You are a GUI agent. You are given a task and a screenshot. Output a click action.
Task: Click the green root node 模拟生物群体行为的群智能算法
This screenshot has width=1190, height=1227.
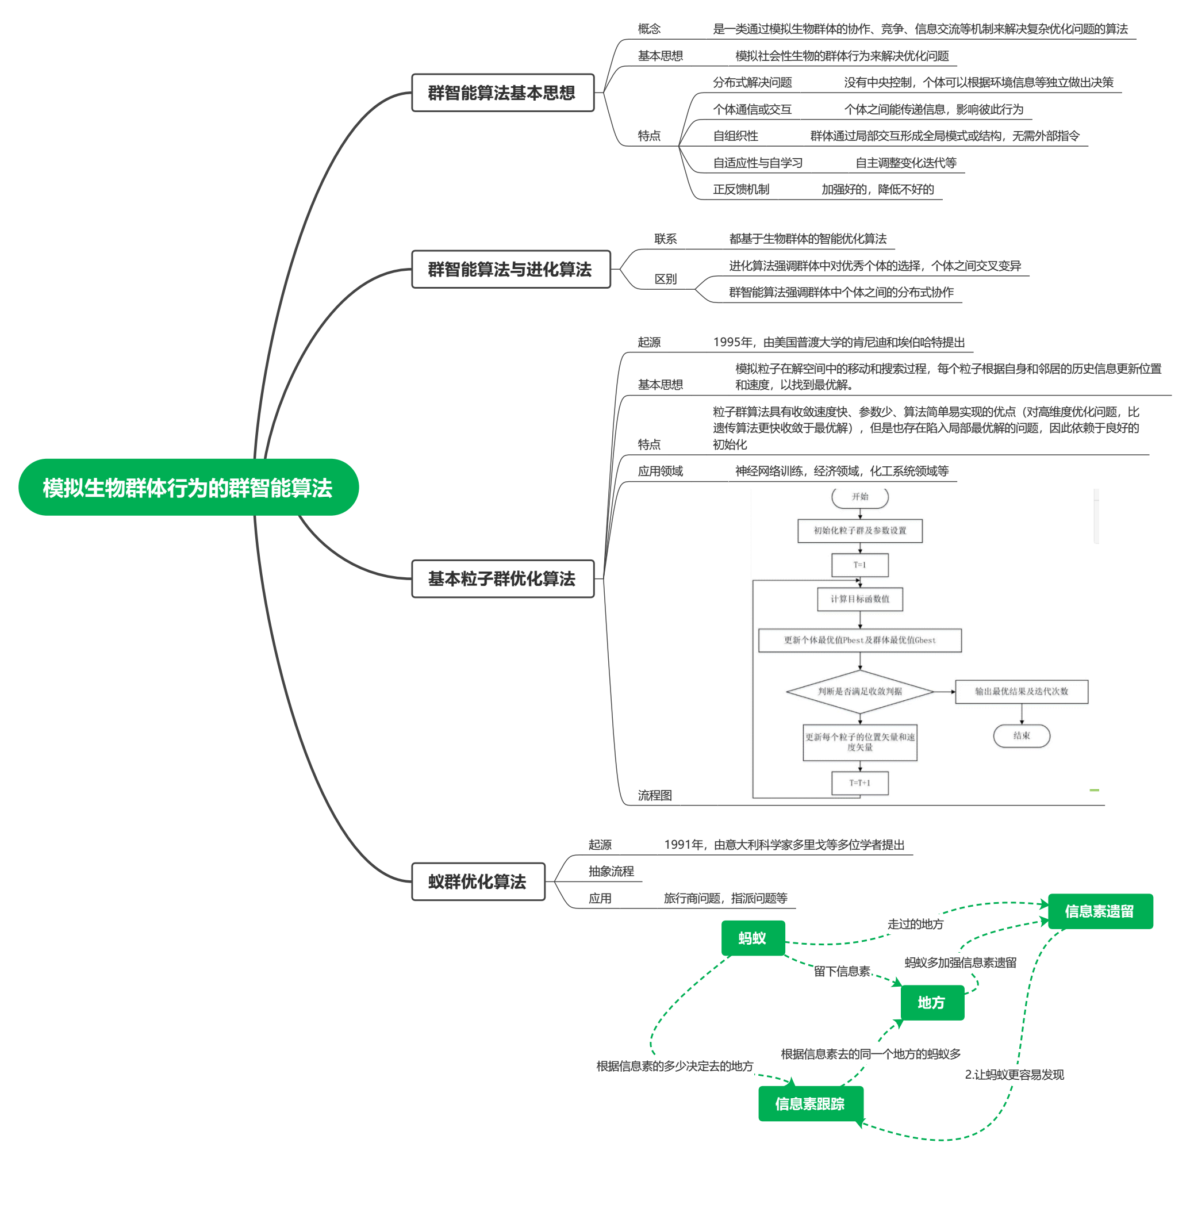[x=188, y=487]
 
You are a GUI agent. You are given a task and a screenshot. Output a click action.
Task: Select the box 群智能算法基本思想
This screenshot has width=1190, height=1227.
[x=502, y=93]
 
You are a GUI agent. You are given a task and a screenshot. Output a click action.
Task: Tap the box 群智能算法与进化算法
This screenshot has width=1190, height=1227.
[x=510, y=269]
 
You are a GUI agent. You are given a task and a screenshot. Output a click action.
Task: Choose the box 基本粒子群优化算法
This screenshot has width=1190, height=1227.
[x=502, y=578]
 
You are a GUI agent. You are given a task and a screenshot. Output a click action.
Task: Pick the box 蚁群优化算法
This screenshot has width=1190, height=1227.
[x=478, y=881]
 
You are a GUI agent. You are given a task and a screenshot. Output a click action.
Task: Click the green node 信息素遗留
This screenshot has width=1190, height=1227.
[x=1099, y=911]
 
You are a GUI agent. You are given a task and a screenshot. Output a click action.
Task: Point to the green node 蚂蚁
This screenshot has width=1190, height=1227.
[x=753, y=938]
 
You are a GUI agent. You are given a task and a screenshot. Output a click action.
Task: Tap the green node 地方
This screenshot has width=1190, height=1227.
[x=931, y=1002]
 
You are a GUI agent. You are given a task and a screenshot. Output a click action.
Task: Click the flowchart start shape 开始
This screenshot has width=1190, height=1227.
[x=859, y=497]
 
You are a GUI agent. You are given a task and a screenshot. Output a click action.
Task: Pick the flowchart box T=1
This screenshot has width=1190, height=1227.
[x=859, y=565]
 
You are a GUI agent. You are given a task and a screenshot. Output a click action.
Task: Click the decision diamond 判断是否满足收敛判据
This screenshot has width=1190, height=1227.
[x=859, y=691]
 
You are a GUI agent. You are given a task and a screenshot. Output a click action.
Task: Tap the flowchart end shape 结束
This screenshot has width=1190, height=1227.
[x=1021, y=735]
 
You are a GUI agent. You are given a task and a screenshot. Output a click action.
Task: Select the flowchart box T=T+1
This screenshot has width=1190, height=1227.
[x=859, y=783]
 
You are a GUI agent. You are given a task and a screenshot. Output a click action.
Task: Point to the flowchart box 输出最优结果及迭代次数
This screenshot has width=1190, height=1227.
[x=1021, y=691]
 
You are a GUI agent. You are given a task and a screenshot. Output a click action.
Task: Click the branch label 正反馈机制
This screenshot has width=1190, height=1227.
[x=741, y=189]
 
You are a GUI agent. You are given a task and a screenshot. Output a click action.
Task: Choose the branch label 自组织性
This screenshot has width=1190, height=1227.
[x=735, y=136]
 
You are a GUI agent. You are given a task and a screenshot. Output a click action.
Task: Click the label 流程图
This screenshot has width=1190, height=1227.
[x=655, y=795]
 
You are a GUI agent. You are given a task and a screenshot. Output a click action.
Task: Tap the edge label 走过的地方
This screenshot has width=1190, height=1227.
[x=915, y=924]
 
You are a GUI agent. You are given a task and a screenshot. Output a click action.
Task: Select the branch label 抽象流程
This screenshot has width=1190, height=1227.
[x=611, y=871]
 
